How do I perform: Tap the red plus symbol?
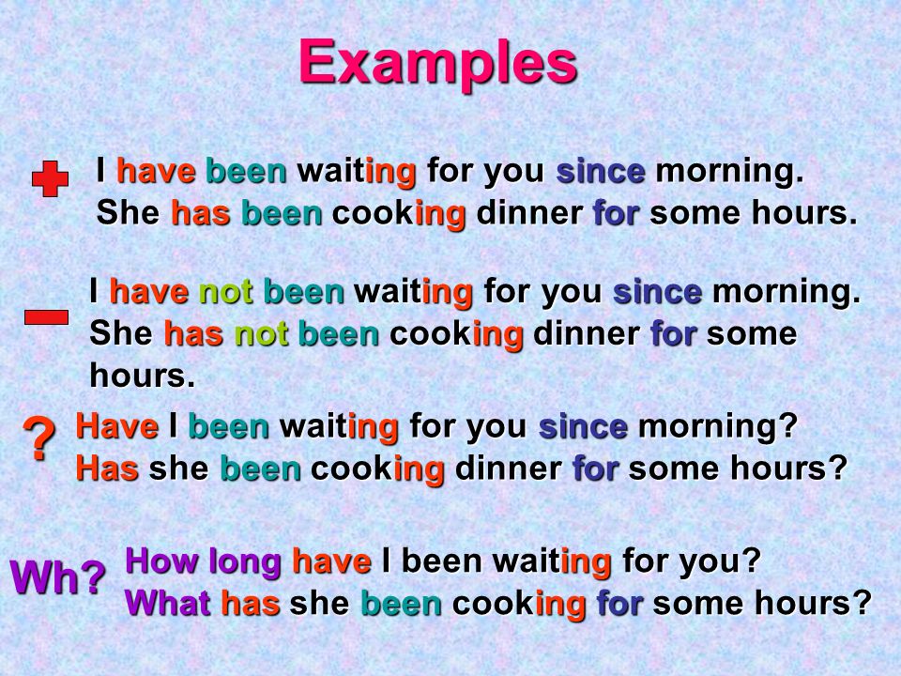tap(50, 178)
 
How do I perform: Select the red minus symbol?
tap(47, 317)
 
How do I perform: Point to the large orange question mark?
tap(39, 438)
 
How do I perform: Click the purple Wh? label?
tap(58, 576)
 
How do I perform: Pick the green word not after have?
tap(226, 291)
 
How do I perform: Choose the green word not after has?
tap(261, 334)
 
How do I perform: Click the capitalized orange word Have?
tap(117, 426)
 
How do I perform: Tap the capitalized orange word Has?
tap(107, 469)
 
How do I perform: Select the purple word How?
tap(162, 561)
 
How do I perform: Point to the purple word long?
tap(245, 562)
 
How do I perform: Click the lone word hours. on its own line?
tap(143, 376)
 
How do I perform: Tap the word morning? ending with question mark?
tap(718, 428)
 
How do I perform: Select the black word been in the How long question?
tap(442, 561)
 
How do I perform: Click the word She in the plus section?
tap(129, 213)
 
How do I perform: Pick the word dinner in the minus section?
tap(587, 334)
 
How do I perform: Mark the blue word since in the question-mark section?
tap(583, 426)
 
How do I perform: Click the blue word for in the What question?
tap(619, 603)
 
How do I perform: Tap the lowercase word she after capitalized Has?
tap(178, 469)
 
